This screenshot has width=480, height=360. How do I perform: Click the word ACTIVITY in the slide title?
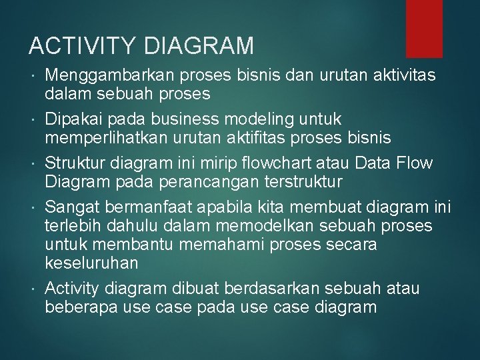[83, 46]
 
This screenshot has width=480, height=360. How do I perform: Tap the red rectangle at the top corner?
[424, 27]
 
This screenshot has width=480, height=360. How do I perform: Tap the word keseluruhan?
[91, 263]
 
